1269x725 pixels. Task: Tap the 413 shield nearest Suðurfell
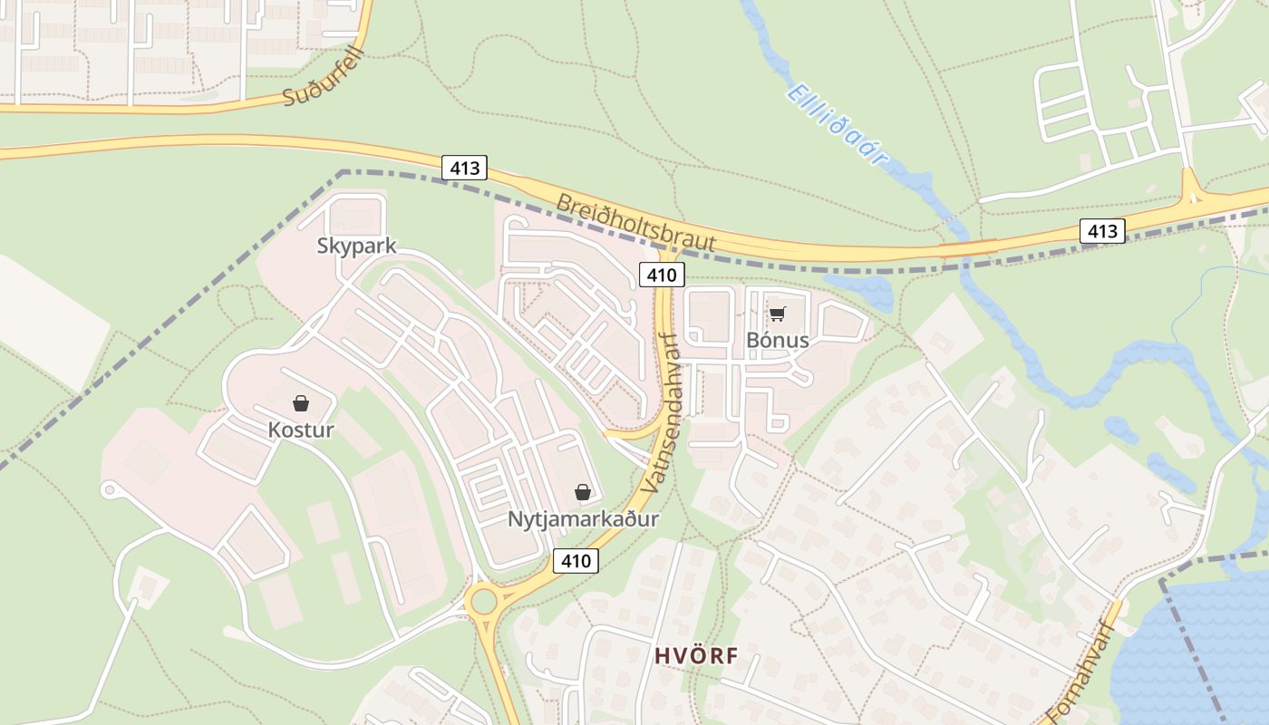pyautogui.click(x=465, y=168)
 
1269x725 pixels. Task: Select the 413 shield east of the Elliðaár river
pyautogui.click(x=1102, y=231)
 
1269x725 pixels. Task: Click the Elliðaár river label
pyautogui.click(x=836, y=124)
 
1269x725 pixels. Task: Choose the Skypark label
pyautogui.click(x=356, y=246)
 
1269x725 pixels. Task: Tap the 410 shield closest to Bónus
pyautogui.click(x=661, y=275)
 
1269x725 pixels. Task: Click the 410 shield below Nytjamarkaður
pyautogui.click(x=576, y=561)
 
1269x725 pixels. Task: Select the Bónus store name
pyautogui.click(x=777, y=340)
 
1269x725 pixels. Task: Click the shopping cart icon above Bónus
pyautogui.click(x=777, y=314)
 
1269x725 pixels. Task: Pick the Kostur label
pyautogui.click(x=301, y=430)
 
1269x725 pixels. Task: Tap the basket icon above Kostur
pyautogui.click(x=301, y=402)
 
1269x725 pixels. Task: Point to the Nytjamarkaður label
pyautogui.click(x=583, y=519)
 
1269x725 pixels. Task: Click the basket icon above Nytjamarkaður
pyautogui.click(x=583, y=492)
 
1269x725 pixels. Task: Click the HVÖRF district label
pyautogui.click(x=696, y=656)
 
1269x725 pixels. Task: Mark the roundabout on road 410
pyautogui.click(x=483, y=601)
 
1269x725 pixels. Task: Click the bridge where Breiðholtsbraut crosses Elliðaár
pyautogui.click(x=968, y=246)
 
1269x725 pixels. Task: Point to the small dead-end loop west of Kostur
pyautogui.click(x=111, y=490)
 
